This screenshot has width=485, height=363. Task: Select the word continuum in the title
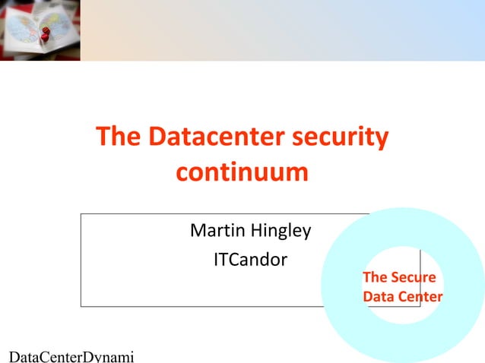pos(242,172)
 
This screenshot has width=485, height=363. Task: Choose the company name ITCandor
pos(250,260)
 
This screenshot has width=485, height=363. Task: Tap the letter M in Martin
pos(197,230)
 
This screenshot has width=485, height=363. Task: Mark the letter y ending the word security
pos(382,140)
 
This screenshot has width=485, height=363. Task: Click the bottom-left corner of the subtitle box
pos(81,306)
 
